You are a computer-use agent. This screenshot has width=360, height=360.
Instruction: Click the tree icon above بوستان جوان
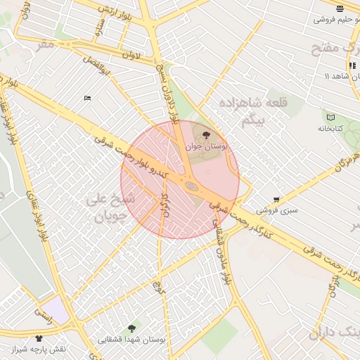click(206, 135)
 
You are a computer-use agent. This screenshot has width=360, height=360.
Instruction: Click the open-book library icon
click(330, 117)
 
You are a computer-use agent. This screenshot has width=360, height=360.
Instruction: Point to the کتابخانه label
click(330, 129)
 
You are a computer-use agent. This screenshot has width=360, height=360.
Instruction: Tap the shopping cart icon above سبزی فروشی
click(276, 199)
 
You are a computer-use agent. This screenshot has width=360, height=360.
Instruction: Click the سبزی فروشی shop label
click(277, 210)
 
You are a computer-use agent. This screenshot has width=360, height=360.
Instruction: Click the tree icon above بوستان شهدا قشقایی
click(131, 328)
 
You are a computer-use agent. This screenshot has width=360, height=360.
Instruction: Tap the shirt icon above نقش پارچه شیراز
click(39, 338)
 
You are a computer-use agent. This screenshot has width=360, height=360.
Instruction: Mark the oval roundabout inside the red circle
click(191, 186)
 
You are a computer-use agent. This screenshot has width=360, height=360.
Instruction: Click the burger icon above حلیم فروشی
click(340, 8)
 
